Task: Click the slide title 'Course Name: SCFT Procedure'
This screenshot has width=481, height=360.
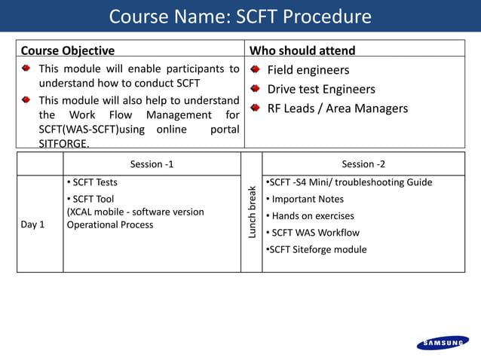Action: click(240, 17)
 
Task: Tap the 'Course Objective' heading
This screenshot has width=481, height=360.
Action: click(68, 50)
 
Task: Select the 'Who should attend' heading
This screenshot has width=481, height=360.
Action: click(302, 50)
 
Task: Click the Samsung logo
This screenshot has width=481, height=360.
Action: click(443, 343)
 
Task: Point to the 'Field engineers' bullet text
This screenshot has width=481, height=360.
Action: click(308, 70)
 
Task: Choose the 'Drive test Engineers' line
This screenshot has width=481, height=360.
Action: click(321, 89)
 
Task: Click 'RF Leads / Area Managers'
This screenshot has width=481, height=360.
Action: click(338, 108)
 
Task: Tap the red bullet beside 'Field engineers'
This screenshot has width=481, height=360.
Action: click(255, 70)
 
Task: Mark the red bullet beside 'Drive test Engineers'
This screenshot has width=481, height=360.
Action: click(255, 89)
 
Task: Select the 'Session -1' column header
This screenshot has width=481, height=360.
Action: click(152, 163)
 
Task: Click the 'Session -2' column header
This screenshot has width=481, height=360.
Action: click(363, 163)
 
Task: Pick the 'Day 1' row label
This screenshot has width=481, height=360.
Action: click(32, 224)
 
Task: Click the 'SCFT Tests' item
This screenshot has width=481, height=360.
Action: click(94, 182)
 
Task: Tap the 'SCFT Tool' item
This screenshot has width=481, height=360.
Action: click(93, 199)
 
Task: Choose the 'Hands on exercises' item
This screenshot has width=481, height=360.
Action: click(312, 215)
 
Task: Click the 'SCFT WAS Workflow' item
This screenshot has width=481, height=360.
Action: click(315, 233)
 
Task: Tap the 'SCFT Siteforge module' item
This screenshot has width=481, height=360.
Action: click(317, 249)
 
